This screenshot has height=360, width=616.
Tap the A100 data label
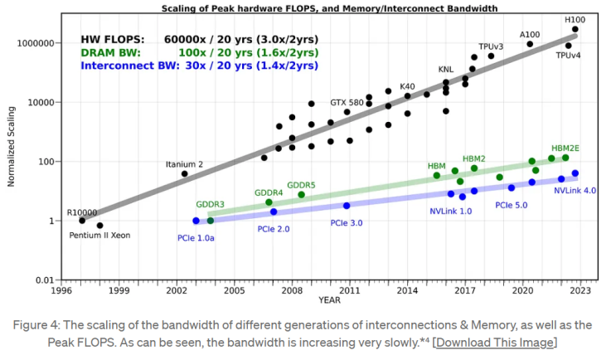530,34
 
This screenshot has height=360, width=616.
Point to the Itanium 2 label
184,163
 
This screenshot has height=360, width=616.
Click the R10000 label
81,212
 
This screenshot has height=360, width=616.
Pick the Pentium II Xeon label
99,235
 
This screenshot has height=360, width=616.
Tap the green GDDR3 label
211,204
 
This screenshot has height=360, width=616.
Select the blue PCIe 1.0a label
196,238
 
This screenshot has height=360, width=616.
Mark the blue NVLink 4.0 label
575,190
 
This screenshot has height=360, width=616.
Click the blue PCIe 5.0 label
512,204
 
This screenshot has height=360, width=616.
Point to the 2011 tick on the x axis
348,291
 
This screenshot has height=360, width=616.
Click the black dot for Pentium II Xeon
99,225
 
